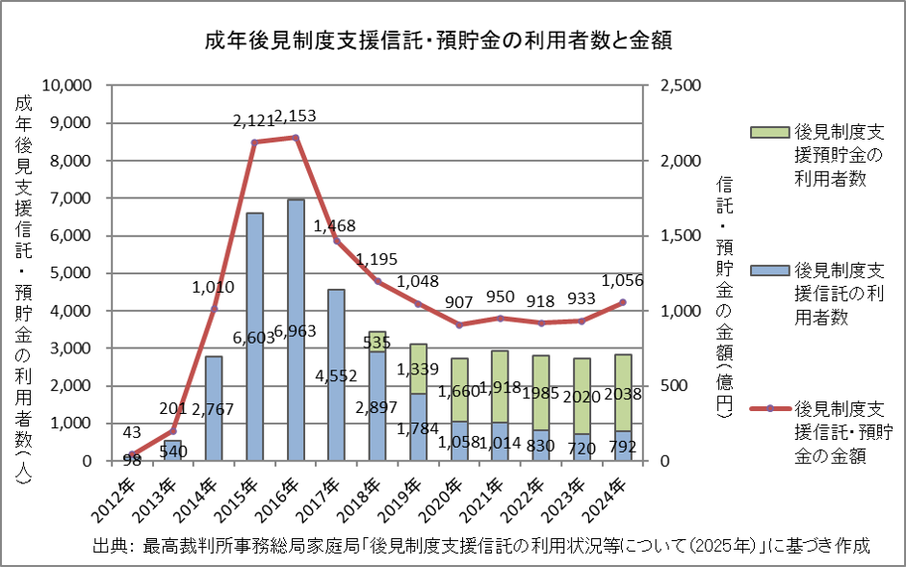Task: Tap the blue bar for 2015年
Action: (255, 337)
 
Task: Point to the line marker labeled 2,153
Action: (296, 138)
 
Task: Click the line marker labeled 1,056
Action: (623, 302)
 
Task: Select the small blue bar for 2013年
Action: (172, 451)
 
